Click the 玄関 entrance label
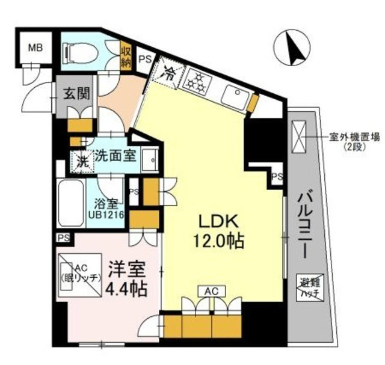pos(77,94)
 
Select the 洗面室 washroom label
pos(117,155)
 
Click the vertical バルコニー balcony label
pos(306,222)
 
